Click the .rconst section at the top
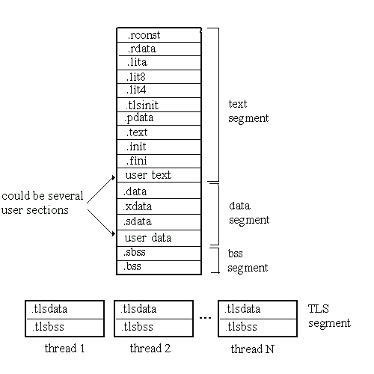click(159, 35)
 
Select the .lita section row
click(159, 63)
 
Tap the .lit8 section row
click(159, 76)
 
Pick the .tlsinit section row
click(159, 105)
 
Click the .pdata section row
click(159, 118)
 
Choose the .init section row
click(159, 147)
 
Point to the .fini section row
click(159, 161)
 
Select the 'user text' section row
click(159, 175)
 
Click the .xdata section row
click(159, 206)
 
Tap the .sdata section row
click(159, 222)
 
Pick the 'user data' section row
click(159, 238)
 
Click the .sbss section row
click(159, 254)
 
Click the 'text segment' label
click(248, 111)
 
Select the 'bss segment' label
click(248, 261)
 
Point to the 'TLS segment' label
click(329, 316)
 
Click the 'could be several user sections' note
click(42, 203)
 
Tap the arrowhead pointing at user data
click(114, 233)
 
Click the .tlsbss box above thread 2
click(153, 328)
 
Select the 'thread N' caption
click(253, 349)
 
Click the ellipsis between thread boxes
click(206, 318)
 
